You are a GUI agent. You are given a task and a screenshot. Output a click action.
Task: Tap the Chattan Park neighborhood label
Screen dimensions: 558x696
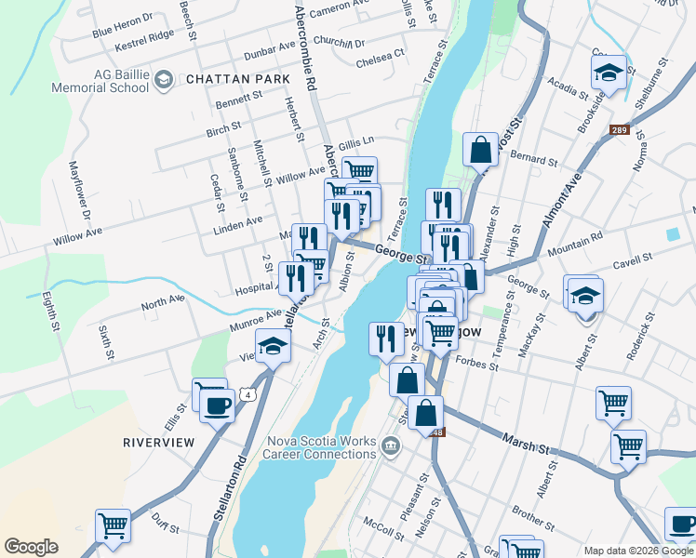tap(238, 80)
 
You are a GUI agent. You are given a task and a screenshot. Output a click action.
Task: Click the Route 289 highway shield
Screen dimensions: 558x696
tap(620, 130)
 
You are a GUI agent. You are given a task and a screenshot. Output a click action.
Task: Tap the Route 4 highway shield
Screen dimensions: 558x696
tap(248, 395)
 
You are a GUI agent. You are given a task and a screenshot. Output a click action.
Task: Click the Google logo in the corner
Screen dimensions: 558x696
tap(31, 547)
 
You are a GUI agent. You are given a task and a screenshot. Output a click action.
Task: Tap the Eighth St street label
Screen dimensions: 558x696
tap(50, 314)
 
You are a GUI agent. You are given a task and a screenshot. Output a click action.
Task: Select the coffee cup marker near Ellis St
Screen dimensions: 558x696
tap(217, 405)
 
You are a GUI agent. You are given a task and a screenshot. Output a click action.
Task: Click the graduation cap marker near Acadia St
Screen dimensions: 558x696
tap(609, 73)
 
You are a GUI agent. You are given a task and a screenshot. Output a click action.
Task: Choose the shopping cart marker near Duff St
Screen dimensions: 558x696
tap(113, 525)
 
